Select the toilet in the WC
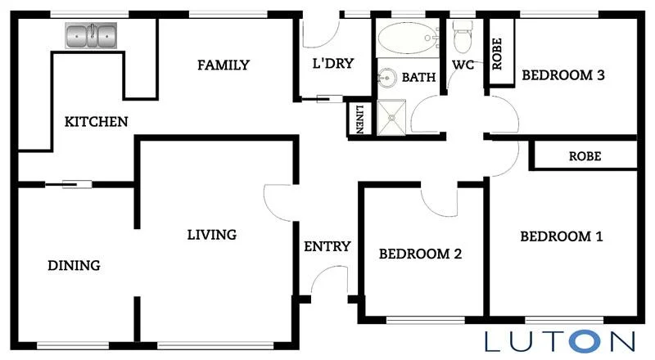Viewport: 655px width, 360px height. [x=463, y=38]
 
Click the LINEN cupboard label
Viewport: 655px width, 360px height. [x=358, y=119]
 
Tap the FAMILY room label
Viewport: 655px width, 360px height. [x=223, y=65]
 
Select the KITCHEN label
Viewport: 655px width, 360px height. [x=97, y=122]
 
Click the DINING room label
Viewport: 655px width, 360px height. [x=74, y=265]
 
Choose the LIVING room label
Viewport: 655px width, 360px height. [x=211, y=235]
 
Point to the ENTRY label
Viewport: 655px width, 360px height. [x=327, y=246]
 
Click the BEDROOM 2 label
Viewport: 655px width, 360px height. [x=420, y=254]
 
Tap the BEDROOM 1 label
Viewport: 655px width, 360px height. [x=562, y=237]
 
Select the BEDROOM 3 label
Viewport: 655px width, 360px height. [x=563, y=76]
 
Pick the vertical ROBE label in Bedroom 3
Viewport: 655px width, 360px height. [x=497, y=54]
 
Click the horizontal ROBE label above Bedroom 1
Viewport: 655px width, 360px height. [x=585, y=155]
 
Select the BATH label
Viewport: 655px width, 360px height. [x=418, y=78]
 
